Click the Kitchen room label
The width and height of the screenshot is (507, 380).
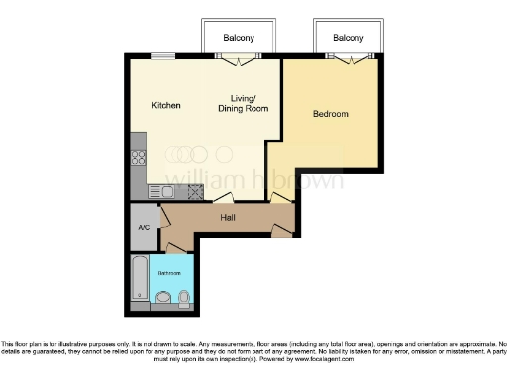tap(165, 105)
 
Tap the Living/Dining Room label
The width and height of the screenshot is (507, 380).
tap(244, 102)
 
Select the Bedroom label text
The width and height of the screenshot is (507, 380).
tap(330, 114)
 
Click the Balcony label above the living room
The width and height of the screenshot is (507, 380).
tap(238, 38)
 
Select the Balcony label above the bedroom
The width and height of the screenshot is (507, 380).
tap(348, 38)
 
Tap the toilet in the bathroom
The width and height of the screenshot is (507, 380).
tap(185, 295)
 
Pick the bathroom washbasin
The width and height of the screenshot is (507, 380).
tap(163, 295)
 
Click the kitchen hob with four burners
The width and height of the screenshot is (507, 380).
tap(139, 158)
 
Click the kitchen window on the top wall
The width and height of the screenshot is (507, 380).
tap(169, 55)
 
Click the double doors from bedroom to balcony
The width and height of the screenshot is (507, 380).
tap(348, 59)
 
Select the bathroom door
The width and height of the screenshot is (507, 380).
tap(175, 246)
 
